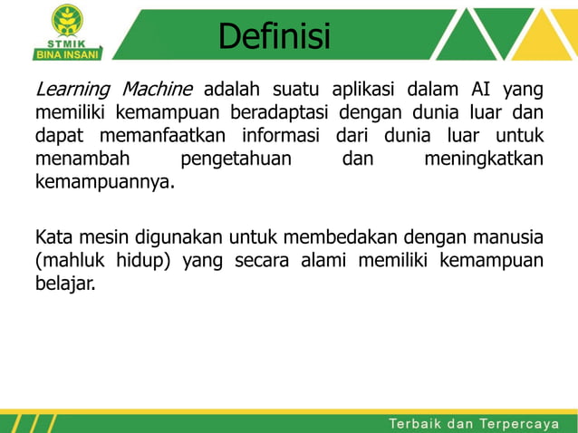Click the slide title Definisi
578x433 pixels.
tap(275, 37)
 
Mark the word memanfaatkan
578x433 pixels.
tap(159, 136)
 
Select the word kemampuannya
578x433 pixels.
tap(104, 183)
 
